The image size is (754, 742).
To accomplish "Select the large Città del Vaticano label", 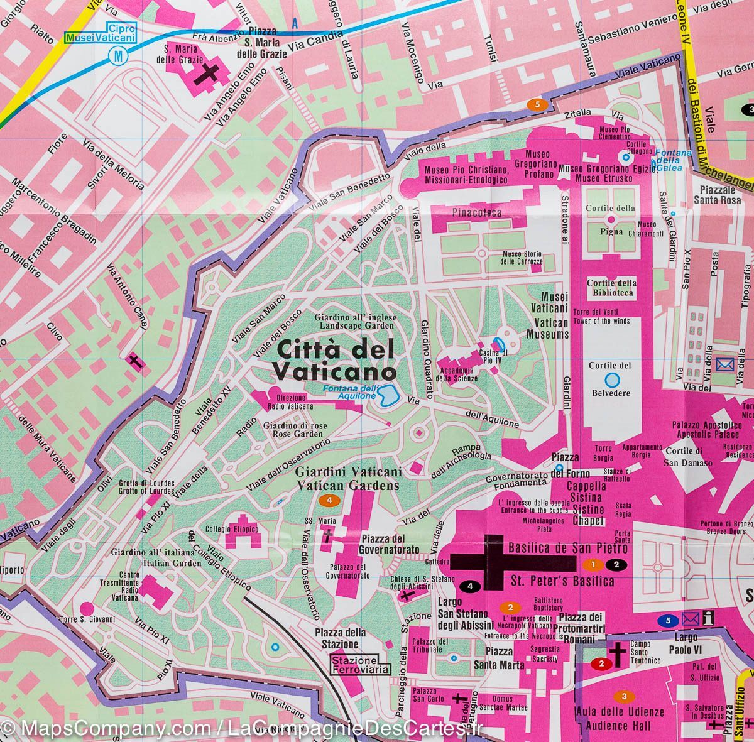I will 334,359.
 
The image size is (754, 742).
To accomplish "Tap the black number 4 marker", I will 472,586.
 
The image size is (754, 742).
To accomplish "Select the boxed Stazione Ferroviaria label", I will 361,665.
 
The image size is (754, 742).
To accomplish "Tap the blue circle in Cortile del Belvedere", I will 612,379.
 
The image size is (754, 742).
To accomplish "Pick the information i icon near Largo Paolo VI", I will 709,618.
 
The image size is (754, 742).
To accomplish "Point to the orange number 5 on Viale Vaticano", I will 536,104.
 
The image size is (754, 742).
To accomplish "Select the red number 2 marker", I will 601,663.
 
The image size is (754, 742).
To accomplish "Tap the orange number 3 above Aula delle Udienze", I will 623,696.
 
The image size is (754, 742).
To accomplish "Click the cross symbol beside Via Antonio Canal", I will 134,361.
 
